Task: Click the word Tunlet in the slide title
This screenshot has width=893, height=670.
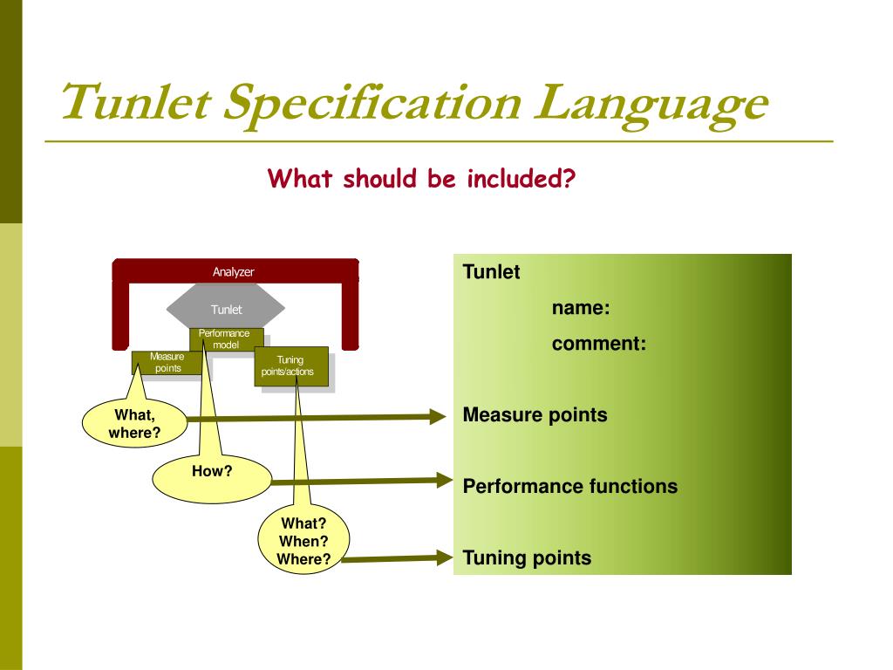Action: click(135, 102)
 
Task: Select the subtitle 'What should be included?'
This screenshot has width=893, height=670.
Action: click(422, 179)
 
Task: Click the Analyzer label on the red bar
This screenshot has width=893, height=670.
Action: click(234, 272)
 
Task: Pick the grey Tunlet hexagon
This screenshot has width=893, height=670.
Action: click(226, 309)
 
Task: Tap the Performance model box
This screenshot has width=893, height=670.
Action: click(225, 339)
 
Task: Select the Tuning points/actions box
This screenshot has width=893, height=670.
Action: click(291, 367)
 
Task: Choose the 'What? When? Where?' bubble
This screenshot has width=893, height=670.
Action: click(303, 542)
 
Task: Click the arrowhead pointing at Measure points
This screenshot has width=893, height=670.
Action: click(439, 417)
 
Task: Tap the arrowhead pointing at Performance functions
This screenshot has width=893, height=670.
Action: click(443, 479)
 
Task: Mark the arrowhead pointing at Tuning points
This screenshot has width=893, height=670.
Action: click(443, 558)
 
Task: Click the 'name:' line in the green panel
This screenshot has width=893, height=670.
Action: click(580, 308)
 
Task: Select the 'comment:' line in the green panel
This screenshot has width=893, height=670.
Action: click(598, 344)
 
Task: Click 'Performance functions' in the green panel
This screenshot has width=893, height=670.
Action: click(569, 487)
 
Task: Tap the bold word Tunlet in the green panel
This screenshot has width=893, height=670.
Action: click(491, 272)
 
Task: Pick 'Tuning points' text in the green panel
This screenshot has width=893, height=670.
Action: click(527, 558)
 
